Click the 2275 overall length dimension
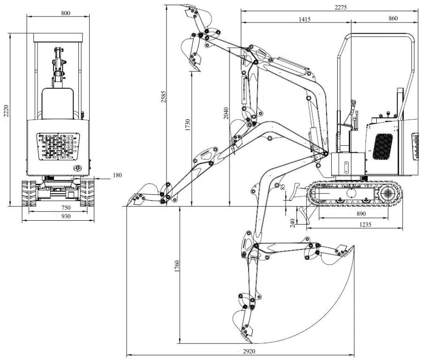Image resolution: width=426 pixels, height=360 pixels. pyautogui.click(x=341, y=7)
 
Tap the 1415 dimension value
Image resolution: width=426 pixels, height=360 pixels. pyautogui.click(x=304, y=19)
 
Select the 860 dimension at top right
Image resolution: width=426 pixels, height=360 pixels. pyautogui.click(x=393, y=18)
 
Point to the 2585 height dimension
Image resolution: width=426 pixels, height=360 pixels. pyautogui.click(x=163, y=97)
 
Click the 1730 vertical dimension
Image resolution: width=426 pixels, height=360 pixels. pyautogui.click(x=188, y=125)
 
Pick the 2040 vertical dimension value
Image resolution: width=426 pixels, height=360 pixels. pyautogui.click(x=226, y=113)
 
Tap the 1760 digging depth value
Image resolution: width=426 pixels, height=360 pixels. pyautogui.click(x=177, y=266)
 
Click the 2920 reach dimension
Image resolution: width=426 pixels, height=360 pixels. pyautogui.click(x=249, y=351)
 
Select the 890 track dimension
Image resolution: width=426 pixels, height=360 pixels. pyautogui.click(x=361, y=214)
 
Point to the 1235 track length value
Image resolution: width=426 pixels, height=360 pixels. pyautogui.click(x=365, y=225)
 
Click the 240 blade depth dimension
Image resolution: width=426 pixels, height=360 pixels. pyautogui.click(x=293, y=223)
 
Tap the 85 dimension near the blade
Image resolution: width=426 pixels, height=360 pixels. pyautogui.click(x=283, y=187)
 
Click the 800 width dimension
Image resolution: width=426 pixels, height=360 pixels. pyautogui.click(x=66, y=13)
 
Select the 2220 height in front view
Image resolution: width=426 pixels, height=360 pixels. pyautogui.click(x=6, y=111)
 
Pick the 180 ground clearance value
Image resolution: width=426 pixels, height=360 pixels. pyautogui.click(x=117, y=175)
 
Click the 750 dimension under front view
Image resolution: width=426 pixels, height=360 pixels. pyautogui.click(x=66, y=208)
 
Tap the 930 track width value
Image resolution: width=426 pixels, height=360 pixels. pyautogui.click(x=66, y=217)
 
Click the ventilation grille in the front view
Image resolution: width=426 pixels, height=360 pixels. pyautogui.click(x=58, y=146)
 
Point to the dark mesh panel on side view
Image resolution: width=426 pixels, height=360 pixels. pyautogui.click(x=382, y=147)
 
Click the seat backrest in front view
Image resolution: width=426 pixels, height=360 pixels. pyautogui.click(x=58, y=104)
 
